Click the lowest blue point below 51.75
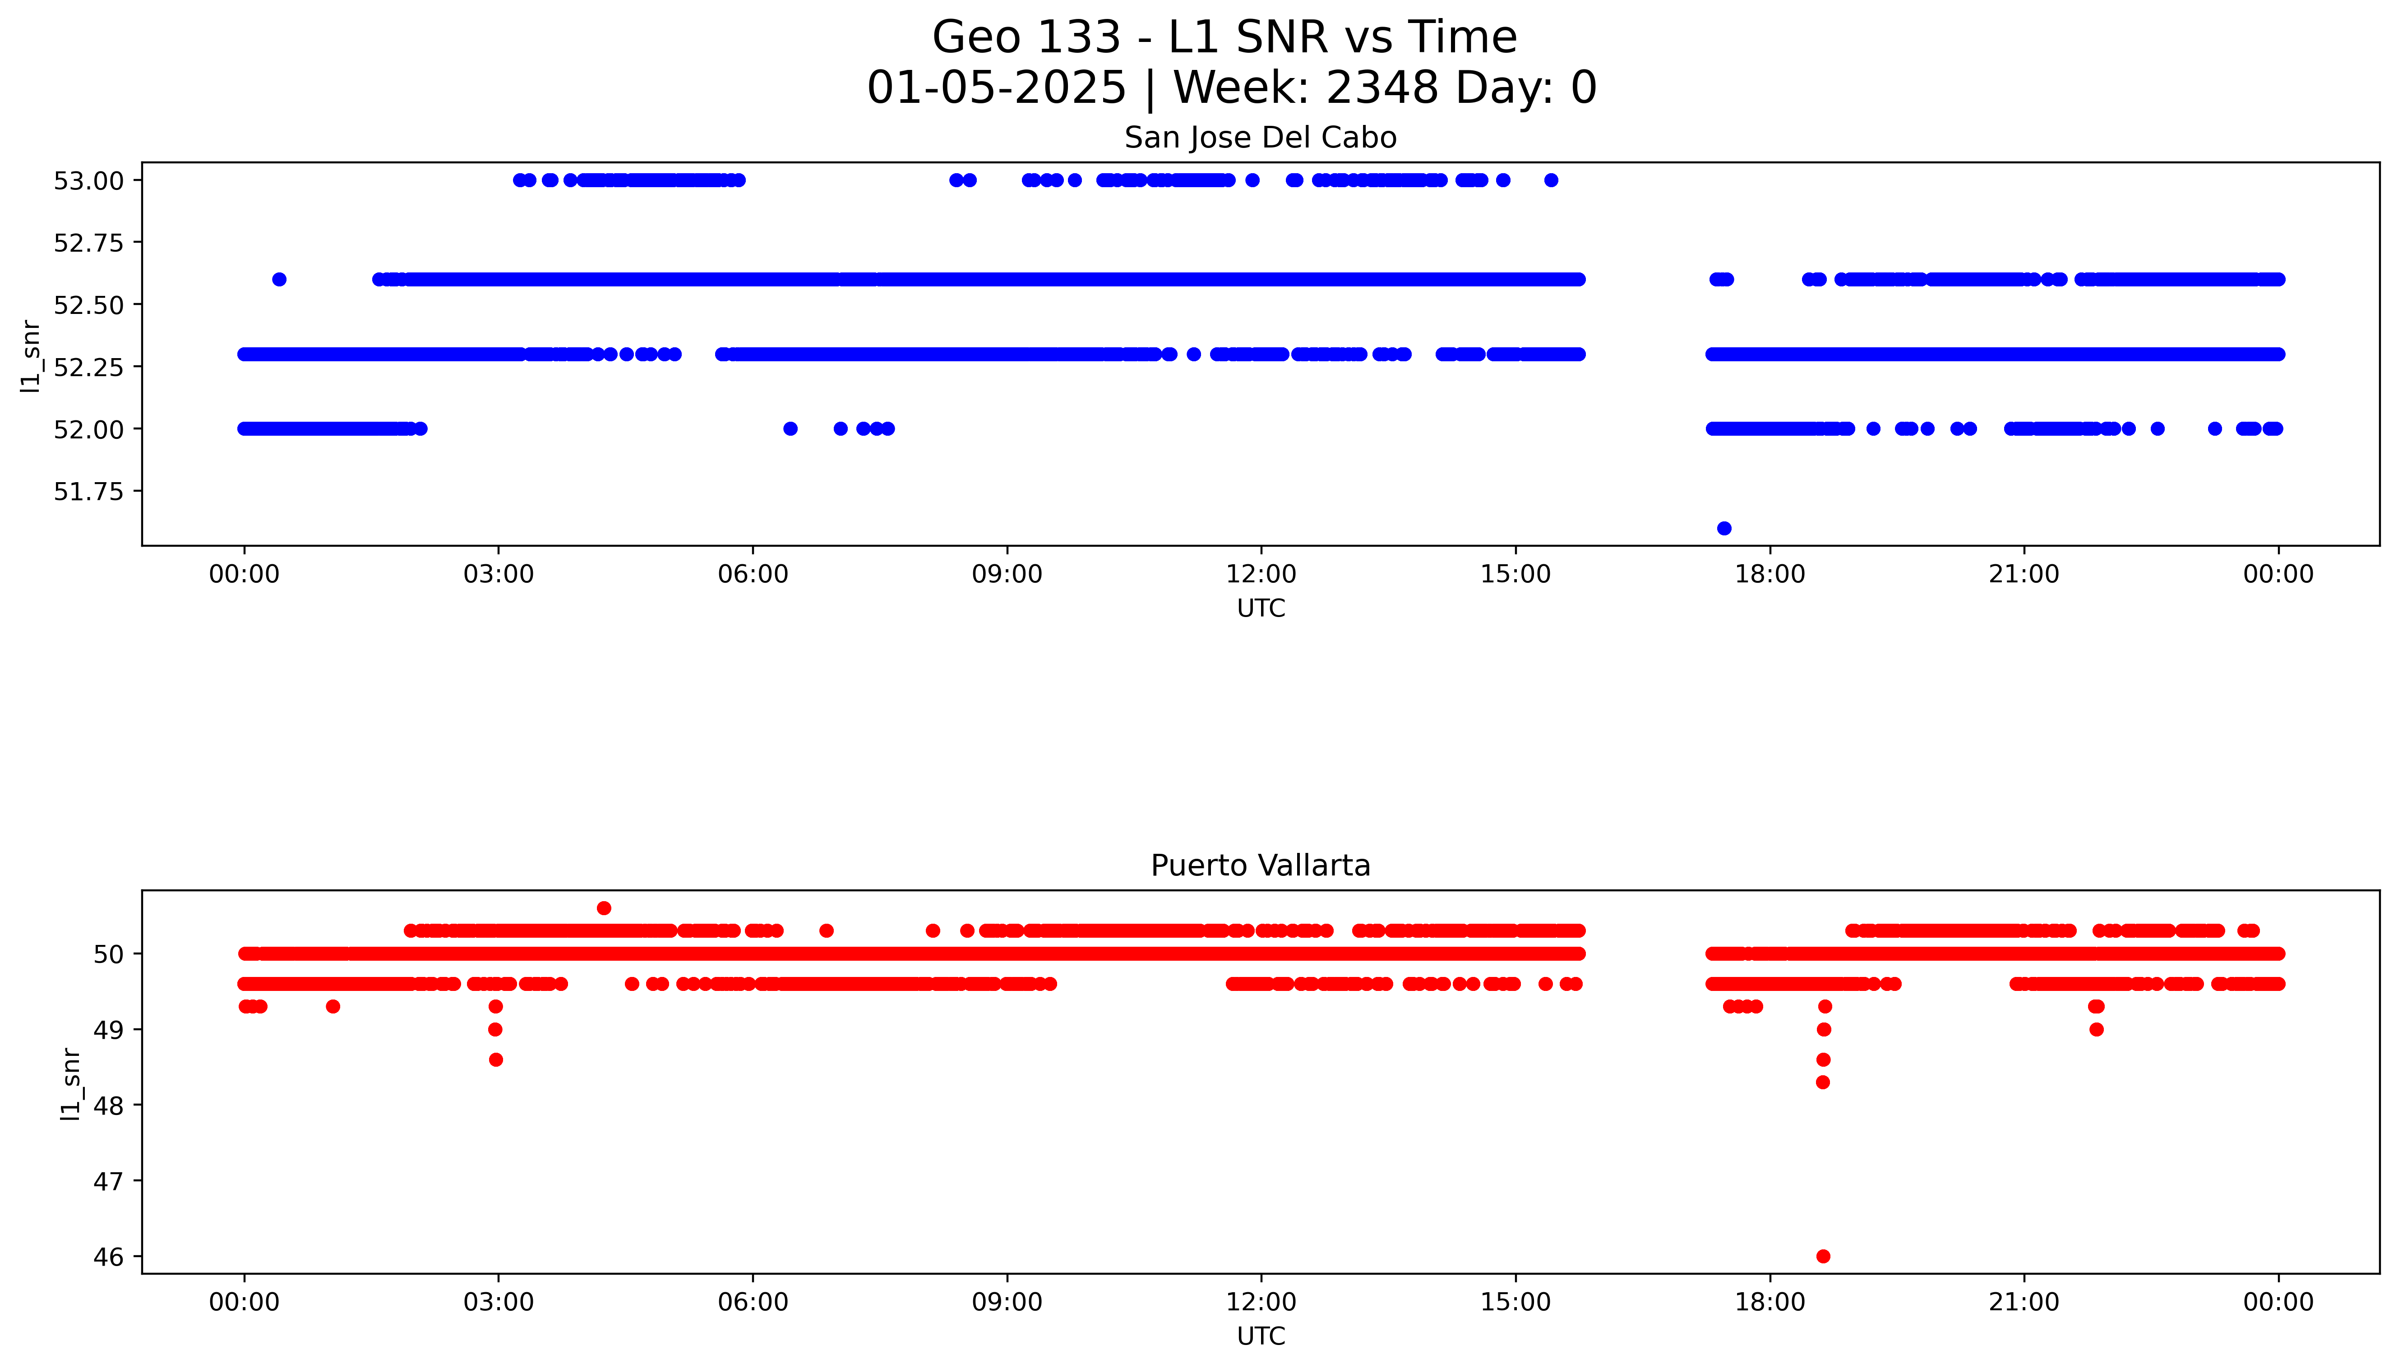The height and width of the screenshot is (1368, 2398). [1723, 528]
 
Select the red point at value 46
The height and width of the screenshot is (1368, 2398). [1823, 1256]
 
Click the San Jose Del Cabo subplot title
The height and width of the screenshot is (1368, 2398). [1260, 138]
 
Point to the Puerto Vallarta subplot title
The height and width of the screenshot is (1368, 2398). [1260, 866]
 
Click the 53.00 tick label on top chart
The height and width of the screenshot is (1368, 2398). [88, 180]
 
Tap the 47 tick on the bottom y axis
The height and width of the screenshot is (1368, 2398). [109, 1181]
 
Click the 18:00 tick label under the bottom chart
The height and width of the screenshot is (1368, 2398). [1770, 1302]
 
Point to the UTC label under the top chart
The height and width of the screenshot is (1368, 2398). [1260, 609]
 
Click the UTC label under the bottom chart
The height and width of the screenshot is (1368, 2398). [1260, 1336]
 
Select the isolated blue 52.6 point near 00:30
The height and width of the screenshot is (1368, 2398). [279, 279]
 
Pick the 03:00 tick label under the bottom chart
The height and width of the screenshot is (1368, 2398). [498, 1302]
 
